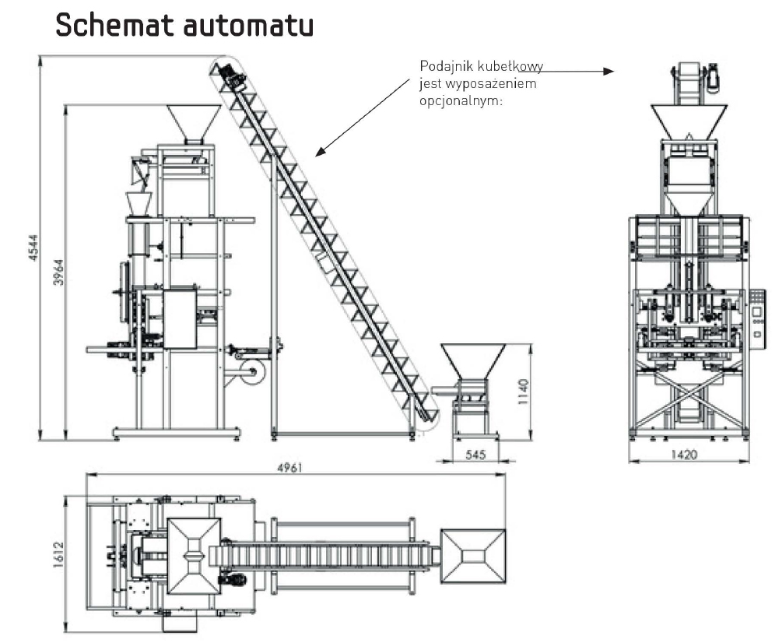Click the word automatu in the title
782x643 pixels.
tap(248, 26)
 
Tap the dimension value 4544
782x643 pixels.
tap(33, 247)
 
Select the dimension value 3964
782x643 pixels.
tap(58, 272)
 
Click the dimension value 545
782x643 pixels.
tap(475, 454)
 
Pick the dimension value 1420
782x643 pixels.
tap(685, 454)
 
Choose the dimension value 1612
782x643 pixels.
tap(57, 555)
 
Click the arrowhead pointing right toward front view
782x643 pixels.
tap(608, 71)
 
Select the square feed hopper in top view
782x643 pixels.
tap(473, 554)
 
